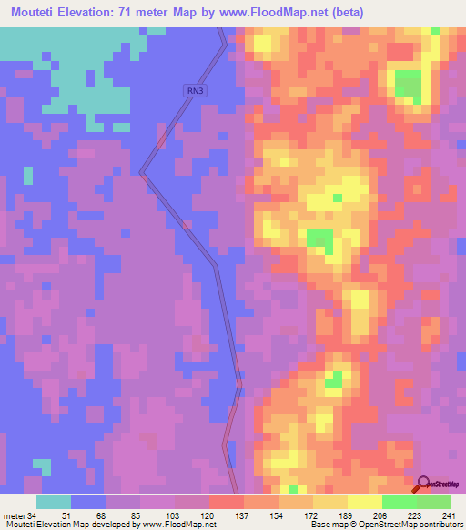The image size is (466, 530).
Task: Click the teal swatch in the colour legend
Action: pos(54,502)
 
